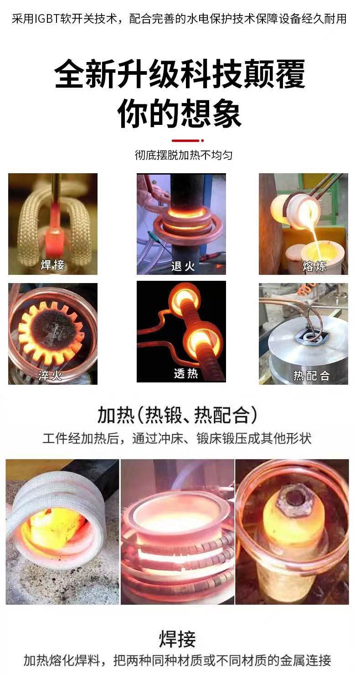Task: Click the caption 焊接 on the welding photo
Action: point(52,265)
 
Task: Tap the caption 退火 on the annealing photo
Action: point(183,266)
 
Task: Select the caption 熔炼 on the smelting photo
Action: point(314,266)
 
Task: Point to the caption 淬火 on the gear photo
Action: point(50,376)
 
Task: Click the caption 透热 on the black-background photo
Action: point(186,374)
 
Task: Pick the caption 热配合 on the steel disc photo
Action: point(311,376)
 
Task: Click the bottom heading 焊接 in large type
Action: point(177,639)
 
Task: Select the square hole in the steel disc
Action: point(309,338)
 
